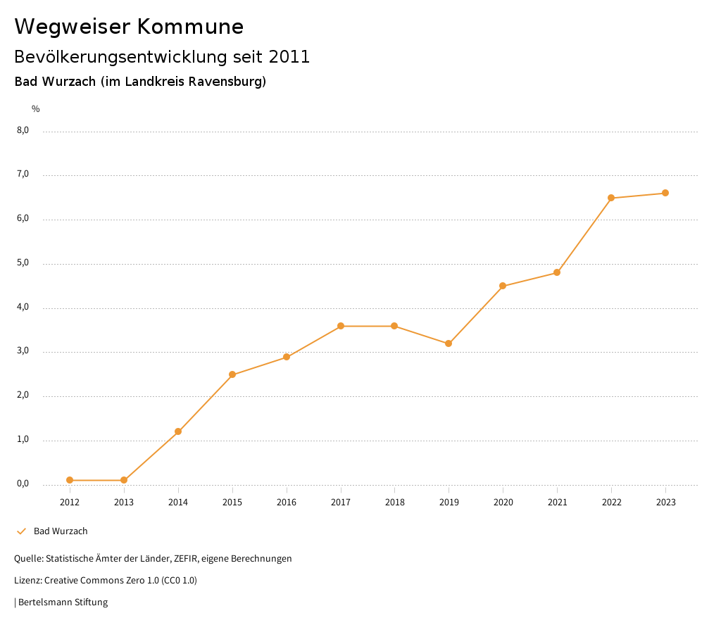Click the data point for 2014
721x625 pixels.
[178, 431]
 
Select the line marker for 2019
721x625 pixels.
[449, 343]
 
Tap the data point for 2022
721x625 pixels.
[611, 198]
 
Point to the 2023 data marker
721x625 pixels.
[665, 193]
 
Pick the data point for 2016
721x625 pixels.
[287, 357]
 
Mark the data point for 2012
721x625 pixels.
[70, 480]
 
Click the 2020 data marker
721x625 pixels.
[503, 286]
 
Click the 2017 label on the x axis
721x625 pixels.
[341, 503]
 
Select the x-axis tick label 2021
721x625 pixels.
[557, 503]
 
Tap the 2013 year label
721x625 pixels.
[124, 503]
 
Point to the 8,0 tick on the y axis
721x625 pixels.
[23, 130]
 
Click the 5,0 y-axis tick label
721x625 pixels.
[23, 263]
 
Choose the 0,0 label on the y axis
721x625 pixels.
[23, 484]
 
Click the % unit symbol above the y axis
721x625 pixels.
[36, 109]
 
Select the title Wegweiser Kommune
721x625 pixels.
[129, 27]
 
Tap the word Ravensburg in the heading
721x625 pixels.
[230, 82]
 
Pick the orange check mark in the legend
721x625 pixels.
[21, 531]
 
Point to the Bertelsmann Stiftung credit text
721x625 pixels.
[63, 602]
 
